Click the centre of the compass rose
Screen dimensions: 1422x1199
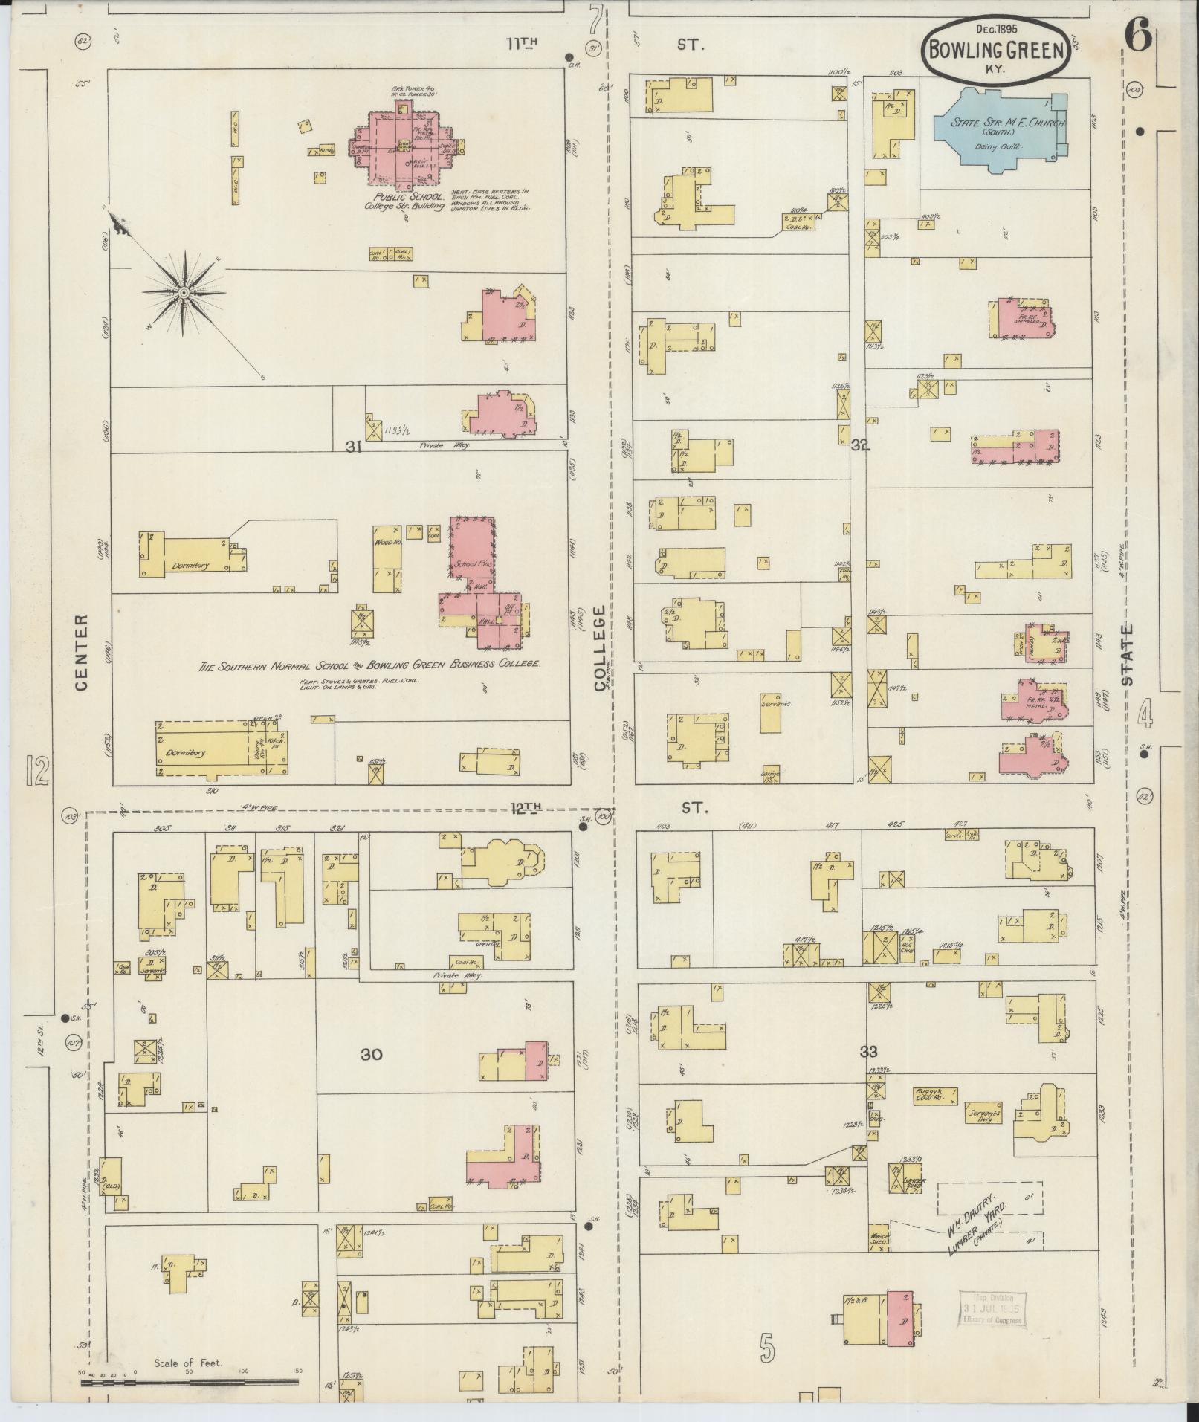click(x=183, y=294)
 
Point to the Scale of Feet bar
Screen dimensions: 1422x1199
click(x=190, y=1382)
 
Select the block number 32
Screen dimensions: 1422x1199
click(x=860, y=445)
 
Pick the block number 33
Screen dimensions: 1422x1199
click(x=868, y=1052)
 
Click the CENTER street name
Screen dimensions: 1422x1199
click(x=82, y=652)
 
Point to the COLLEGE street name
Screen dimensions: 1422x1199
click(x=601, y=648)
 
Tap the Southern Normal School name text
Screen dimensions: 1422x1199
click(x=368, y=665)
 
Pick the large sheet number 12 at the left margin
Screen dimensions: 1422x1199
click(x=36, y=771)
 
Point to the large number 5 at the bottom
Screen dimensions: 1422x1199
click(x=768, y=1348)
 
